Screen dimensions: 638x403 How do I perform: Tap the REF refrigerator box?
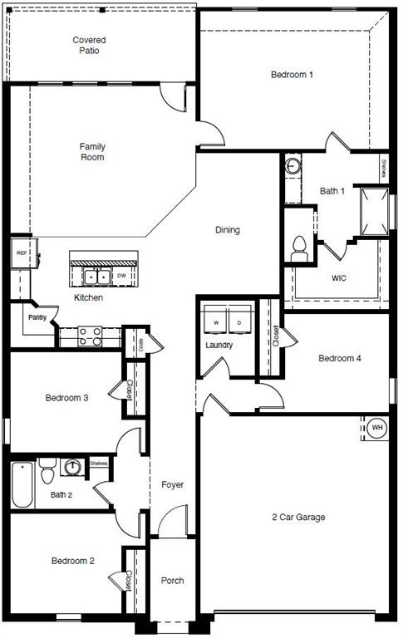click(x=22, y=253)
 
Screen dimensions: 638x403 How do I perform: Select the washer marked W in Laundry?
click(x=216, y=321)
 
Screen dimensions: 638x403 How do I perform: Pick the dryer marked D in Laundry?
click(x=240, y=321)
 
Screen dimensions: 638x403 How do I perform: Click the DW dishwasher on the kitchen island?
click(x=121, y=275)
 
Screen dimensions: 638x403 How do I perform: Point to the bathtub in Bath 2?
click(x=22, y=483)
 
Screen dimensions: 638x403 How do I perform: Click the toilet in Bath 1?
click(x=300, y=246)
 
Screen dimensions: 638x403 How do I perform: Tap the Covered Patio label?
click(x=89, y=45)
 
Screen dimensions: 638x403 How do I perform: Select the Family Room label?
click(x=92, y=152)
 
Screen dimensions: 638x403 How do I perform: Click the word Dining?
click(x=228, y=230)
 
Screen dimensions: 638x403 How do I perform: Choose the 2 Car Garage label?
click(x=297, y=517)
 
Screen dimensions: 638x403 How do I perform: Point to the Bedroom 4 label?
click(x=339, y=359)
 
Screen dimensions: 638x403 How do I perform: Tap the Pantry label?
click(x=37, y=317)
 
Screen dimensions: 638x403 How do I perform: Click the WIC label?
click(x=338, y=277)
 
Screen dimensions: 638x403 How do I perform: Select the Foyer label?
click(x=172, y=484)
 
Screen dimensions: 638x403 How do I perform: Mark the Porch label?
click(x=172, y=581)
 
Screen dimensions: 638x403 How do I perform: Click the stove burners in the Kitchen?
click(x=90, y=336)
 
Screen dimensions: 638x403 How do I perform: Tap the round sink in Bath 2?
click(x=74, y=467)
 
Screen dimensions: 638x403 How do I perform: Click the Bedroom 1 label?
click(x=292, y=75)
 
